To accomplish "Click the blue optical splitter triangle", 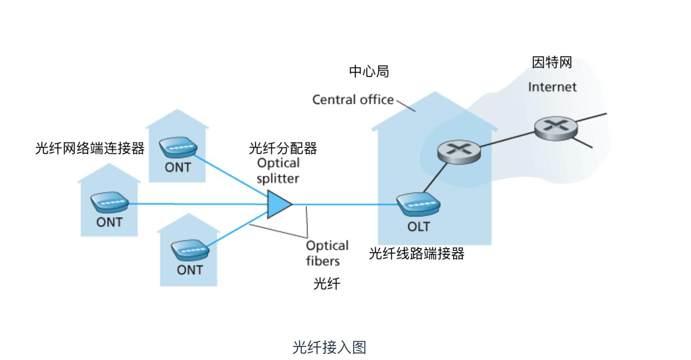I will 278,204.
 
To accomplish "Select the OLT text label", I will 419,227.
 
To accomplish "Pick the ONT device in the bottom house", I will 189,250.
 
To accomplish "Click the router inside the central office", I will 459,152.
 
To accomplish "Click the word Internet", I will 552,87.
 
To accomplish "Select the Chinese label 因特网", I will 552,63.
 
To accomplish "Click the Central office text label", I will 353,100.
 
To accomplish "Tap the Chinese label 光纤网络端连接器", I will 90,149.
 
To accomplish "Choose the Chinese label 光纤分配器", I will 283,149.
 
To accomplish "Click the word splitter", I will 278,178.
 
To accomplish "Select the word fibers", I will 323,261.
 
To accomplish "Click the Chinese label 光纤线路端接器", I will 416,254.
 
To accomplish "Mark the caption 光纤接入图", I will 329,347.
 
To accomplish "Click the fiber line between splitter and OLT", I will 345,204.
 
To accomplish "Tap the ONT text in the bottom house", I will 190,270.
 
